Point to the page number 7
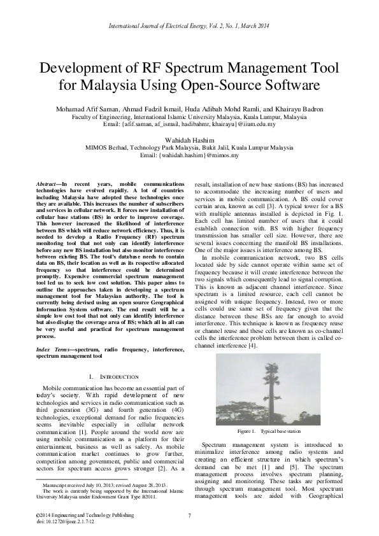189,516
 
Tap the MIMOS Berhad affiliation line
189,146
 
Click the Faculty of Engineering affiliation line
189,118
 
